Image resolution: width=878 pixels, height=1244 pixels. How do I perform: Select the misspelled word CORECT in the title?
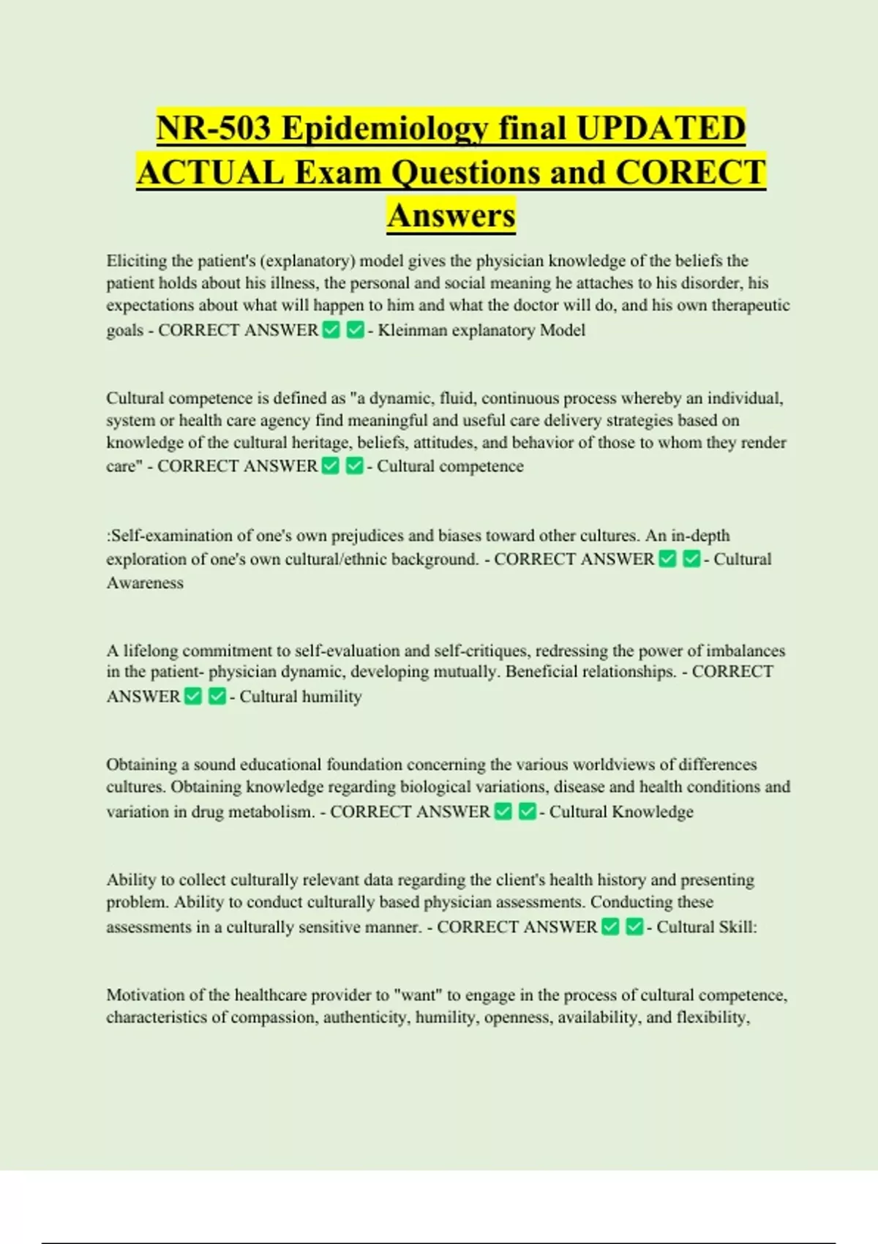point(690,173)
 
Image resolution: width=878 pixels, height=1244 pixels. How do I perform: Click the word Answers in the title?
point(451,215)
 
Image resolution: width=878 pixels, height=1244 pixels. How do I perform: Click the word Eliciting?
point(137,261)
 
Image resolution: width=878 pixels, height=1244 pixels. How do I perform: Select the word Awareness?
point(145,583)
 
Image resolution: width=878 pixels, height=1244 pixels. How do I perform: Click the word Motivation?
point(146,995)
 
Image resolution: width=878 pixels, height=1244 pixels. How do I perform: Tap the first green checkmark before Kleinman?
point(331,331)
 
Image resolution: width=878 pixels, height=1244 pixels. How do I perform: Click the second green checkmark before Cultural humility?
point(217,697)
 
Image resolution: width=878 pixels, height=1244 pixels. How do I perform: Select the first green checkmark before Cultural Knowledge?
point(503,812)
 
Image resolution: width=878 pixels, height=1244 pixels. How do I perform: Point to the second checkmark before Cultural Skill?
point(634,927)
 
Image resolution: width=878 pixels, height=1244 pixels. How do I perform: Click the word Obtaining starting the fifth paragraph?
point(141,765)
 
